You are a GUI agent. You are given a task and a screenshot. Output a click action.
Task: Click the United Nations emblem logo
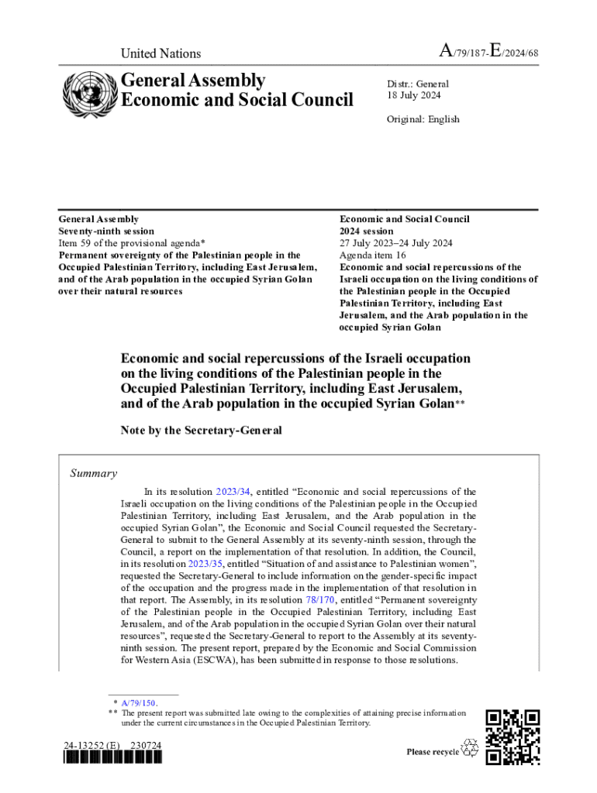coord(87,94)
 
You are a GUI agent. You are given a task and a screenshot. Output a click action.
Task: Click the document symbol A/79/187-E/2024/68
coord(489,53)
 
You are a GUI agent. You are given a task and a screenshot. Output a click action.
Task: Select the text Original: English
coord(423,119)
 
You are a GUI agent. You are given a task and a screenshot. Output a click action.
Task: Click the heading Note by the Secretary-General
coord(201,430)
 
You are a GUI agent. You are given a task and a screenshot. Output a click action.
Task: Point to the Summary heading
coord(94,473)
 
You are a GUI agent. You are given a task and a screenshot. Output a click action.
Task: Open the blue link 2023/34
coord(233,492)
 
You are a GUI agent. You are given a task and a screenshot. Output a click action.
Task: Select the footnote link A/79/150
coord(139,702)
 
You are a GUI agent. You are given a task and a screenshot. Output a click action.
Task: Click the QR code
coord(512,736)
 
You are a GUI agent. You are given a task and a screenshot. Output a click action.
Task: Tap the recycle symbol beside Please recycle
coord(470,748)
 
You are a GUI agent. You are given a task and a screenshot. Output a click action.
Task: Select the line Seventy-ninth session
coord(107,231)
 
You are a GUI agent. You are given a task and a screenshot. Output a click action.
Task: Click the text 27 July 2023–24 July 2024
coord(395,243)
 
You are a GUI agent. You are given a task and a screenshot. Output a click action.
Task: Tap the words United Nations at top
coord(160,53)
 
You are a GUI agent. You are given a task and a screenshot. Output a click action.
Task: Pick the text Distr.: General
coord(418,84)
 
